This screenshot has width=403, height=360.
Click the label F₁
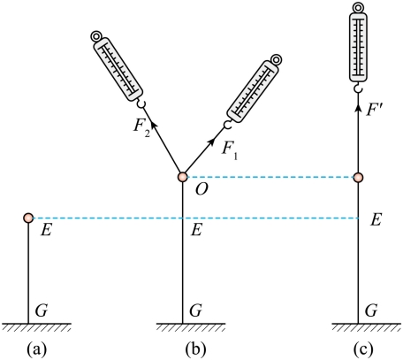pyautogui.click(x=230, y=150)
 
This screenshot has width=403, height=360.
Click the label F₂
pyautogui.click(x=142, y=128)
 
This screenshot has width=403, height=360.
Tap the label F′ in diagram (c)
pyautogui.click(x=374, y=110)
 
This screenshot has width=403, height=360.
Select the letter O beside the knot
pyautogui.click(x=201, y=189)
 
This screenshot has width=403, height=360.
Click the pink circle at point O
pyautogui.click(x=182, y=177)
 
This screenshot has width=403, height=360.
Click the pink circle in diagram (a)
pyautogui.click(x=28, y=218)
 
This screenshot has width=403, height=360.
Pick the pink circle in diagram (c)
pyautogui.click(x=358, y=177)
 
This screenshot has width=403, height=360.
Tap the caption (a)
pyautogui.click(x=36, y=349)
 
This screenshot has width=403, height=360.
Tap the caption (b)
pyautogui.click(x=195, y=349)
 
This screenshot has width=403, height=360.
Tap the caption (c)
pyautogui.click(x=362, y=349)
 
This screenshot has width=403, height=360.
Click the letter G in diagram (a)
pyautogui.click(x=42, y=310)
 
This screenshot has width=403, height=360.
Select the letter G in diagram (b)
pyautogui.click(x=195, y=310)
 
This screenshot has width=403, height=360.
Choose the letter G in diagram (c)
pyautogui.click(x=371, y=310)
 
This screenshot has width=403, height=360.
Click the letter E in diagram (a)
pyautogui.click(x=46, y=230)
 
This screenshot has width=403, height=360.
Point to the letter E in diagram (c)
pyautogui.click(x=376, y=219)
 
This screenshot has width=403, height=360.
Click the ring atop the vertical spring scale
pyautogui.click(x=358, y=7)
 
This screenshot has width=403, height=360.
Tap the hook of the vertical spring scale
pyautogui.click(x=358, y=88)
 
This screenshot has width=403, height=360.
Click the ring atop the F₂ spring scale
pyautogui.click(x=95, y=36)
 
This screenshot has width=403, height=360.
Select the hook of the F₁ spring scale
pyautogui.click(x=227, y=125)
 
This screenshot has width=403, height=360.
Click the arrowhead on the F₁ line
pyautogui.click(x=211, y=142)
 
